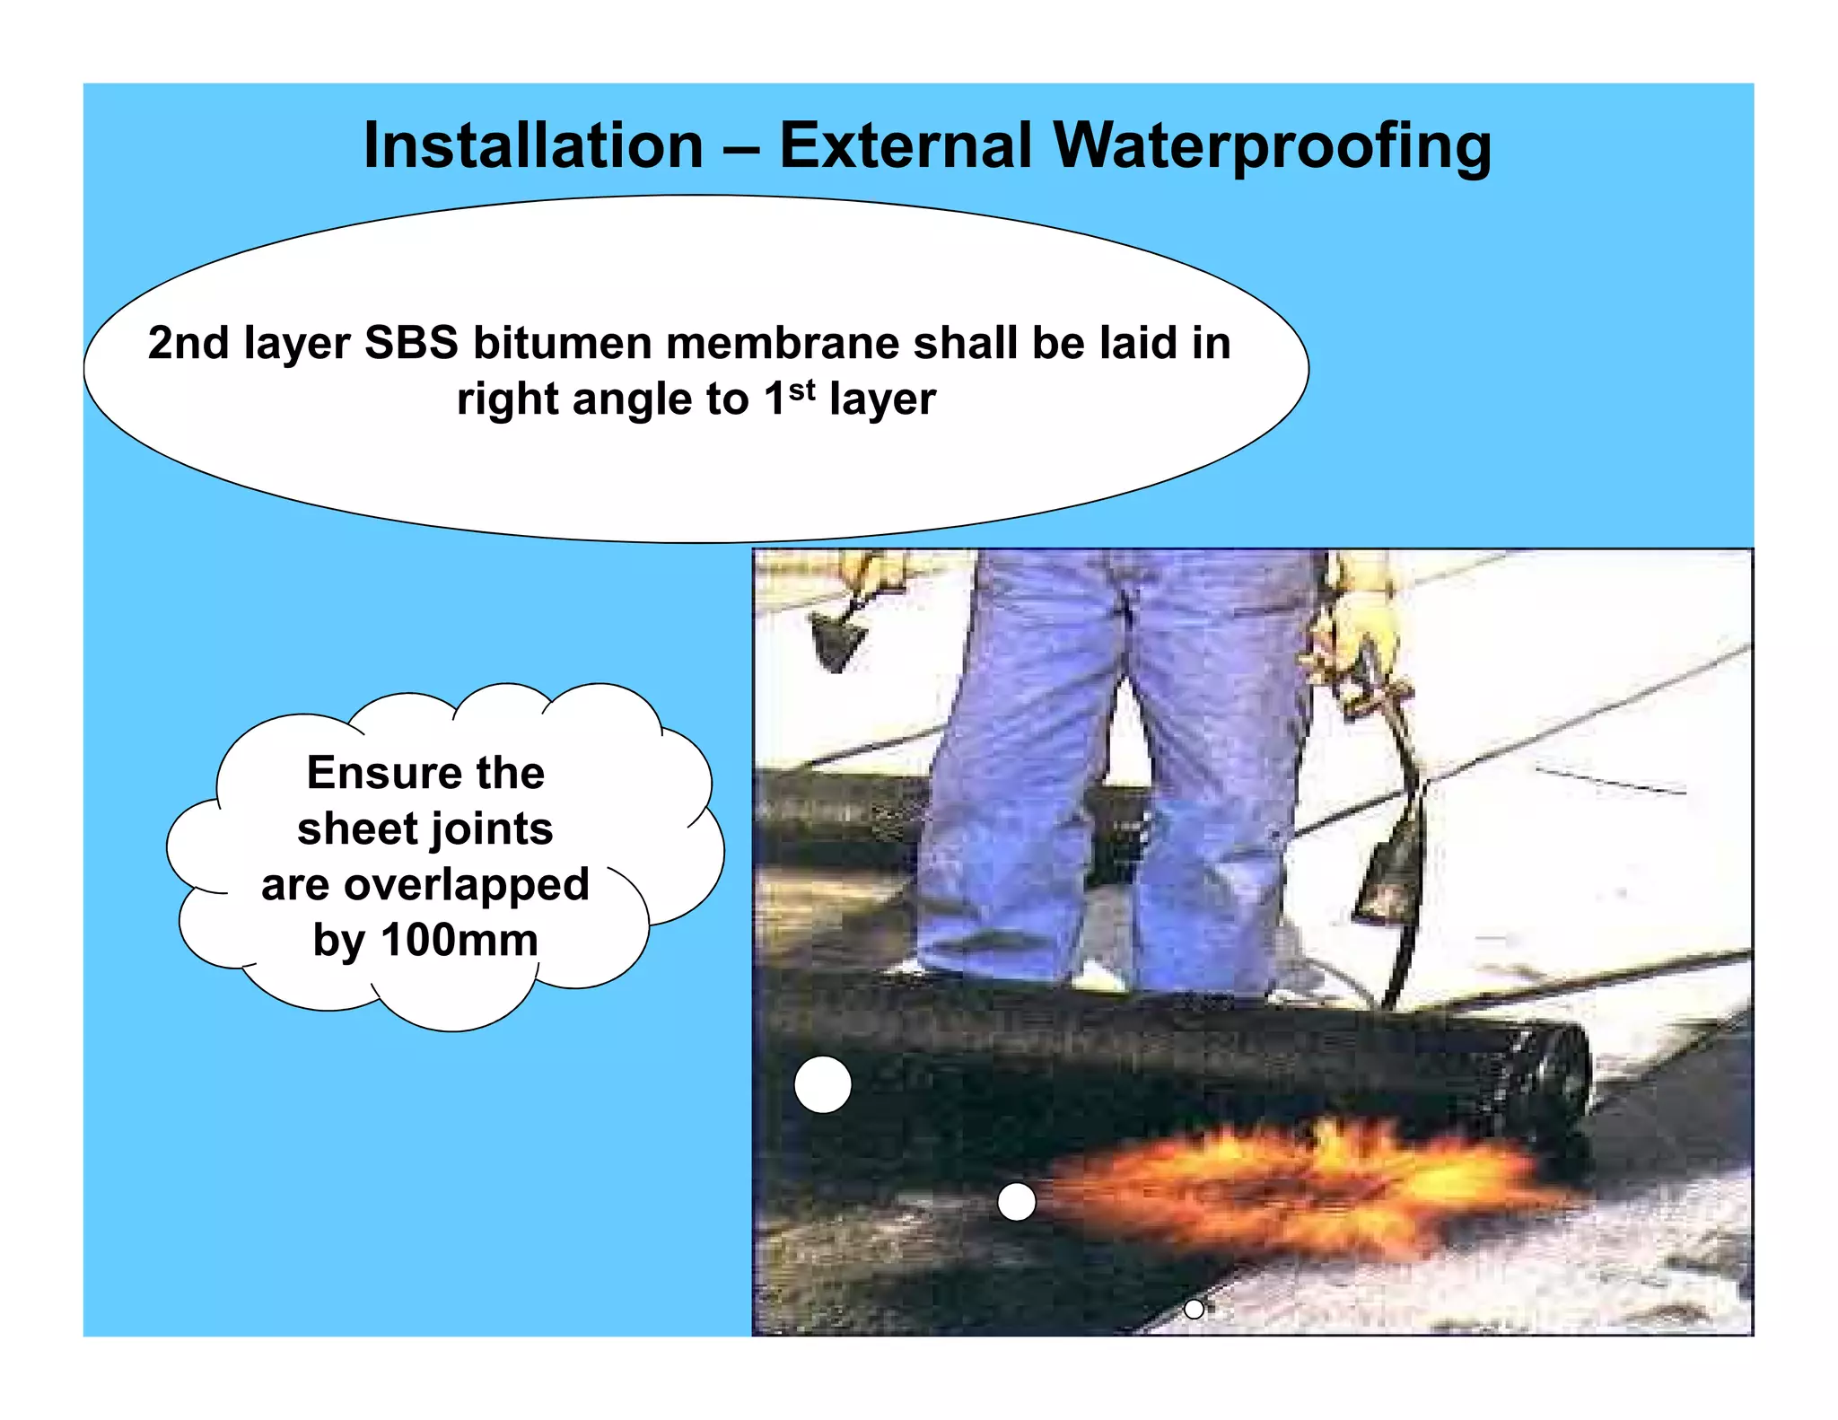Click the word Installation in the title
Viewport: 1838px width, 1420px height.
pyautogui.click(x=533, y=145)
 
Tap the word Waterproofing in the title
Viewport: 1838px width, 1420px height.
pyautogui.click(x=1272, y=147)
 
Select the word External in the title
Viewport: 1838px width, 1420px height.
pyautogui.click(x=906, y=145)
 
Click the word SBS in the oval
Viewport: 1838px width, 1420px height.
pyautogui.click(x=411, y=343)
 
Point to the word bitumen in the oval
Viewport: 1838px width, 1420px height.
pyautogui.click(x=565, y=343)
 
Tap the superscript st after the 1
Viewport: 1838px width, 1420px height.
pyautogui.click(x=801, y=390)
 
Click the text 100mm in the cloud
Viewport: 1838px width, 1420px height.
pyautogui.click(x=459, y=940)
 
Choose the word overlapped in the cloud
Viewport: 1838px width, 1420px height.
pyautogui.click(x=467, y=886)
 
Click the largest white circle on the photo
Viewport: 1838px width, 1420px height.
pyautogui.click(x=822, y=1084)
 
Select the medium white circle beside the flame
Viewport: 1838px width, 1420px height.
pyautogui.click(x=1016, y=1201)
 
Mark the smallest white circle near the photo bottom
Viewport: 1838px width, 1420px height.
pyautogui.click(x=1194, y=1309)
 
